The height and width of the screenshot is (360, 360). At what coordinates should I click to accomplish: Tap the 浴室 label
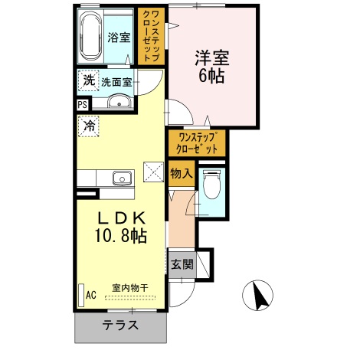coord(119,38)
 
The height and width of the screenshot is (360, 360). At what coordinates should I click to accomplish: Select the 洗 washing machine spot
coord(88,80)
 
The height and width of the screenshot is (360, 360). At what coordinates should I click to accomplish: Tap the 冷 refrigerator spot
coord(89,126)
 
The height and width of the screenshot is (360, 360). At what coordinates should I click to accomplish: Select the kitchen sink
coord(122,179)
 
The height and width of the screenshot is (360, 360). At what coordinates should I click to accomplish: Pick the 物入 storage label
coord(182,174)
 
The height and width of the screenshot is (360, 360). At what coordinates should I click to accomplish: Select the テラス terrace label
coord(121,325)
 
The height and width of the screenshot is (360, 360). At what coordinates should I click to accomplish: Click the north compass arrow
coord(259,293)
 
